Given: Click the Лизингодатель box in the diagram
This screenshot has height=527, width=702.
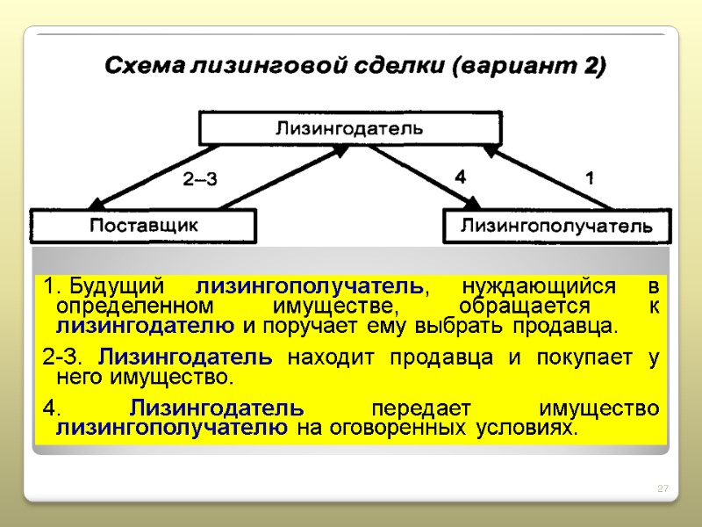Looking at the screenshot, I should click(349, 127).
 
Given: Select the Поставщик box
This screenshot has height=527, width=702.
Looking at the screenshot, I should click(144, 226).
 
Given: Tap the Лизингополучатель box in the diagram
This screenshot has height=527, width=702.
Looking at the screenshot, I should click(557, 227).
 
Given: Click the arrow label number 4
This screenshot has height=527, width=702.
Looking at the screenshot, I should click(460, 177).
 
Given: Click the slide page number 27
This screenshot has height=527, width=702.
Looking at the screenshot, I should click(663, 488).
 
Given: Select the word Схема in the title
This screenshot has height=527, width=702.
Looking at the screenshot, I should click(140, 67).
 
